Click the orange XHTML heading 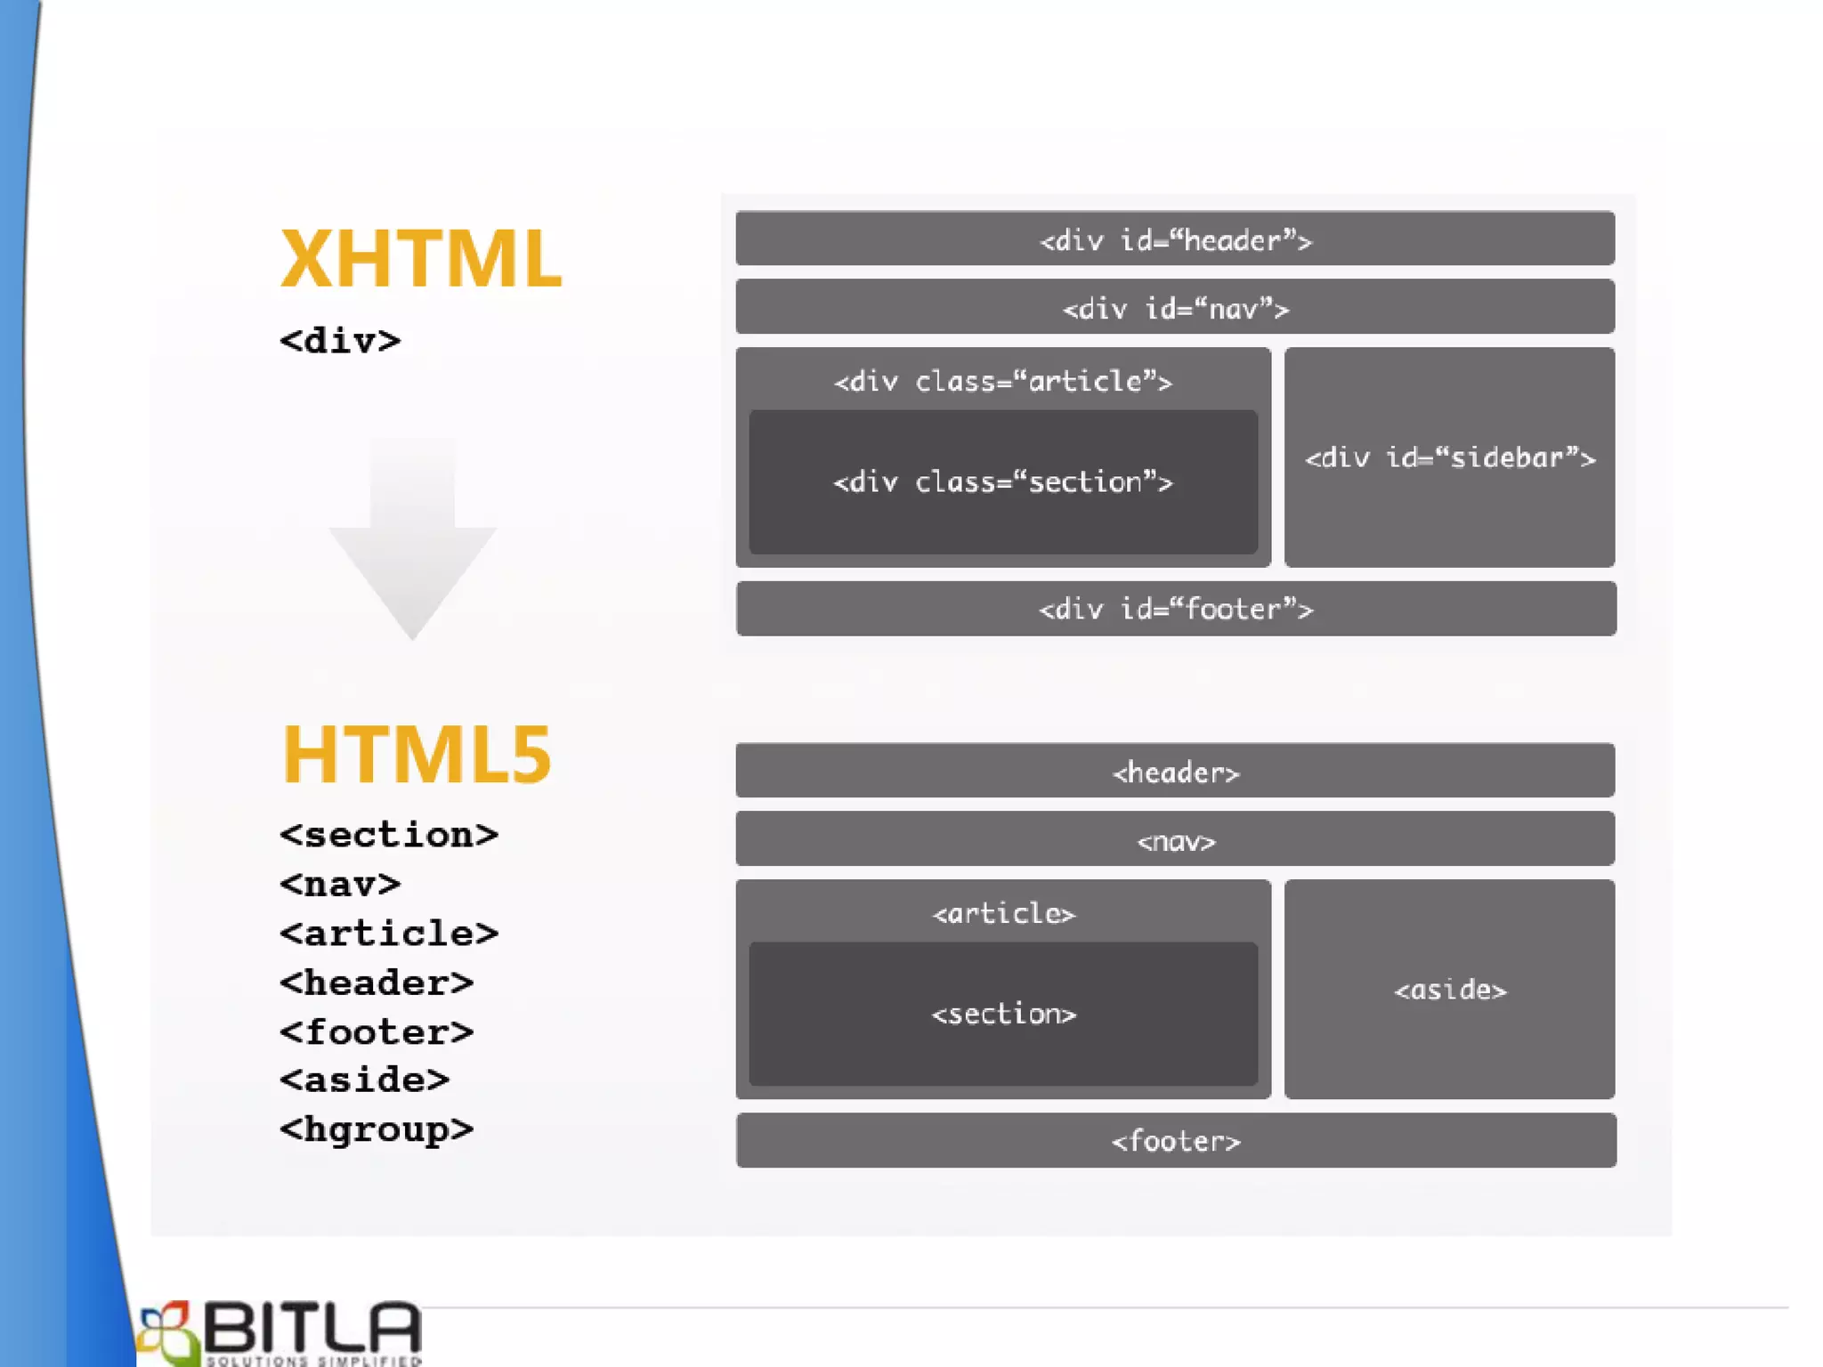(x=420, y=259)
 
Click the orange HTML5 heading (x=417, y=755)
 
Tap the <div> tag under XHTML (x=340, y=341)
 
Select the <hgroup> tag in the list (x=376, y=1129)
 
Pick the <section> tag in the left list (x=388, y=835)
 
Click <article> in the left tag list (x=388, y=934)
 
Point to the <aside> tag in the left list (x=364, y=1080)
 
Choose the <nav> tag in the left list (x=340, y=885)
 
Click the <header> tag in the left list (x=376, y=983)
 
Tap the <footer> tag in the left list (x=376, y=1032)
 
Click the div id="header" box (x=1175, y=239)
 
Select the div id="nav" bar (x=1175, y=308)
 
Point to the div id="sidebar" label (x=1449, y=458)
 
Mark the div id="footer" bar (x=1175, y=610)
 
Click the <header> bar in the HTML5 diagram (x=1175, y=772)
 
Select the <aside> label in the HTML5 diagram (x=1449, y=990)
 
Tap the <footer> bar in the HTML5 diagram (x=1175, y=1141)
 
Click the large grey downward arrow (x=412, y=543)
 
